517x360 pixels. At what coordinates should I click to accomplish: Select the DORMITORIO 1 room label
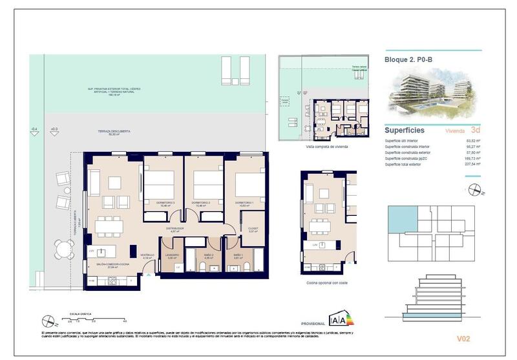pos(244,203)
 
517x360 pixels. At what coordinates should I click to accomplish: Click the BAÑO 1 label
pos(238,257)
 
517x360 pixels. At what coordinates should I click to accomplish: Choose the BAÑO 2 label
pos(200,257)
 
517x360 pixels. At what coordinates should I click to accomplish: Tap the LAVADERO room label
pos(172,257)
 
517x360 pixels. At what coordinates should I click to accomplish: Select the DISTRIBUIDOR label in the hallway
pos(175,228)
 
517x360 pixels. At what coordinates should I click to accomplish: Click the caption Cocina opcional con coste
pos(327,282)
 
